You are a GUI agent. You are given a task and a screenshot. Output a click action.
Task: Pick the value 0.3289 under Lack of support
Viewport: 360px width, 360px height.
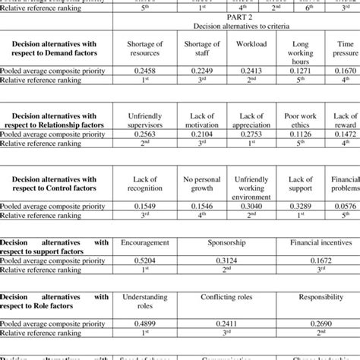(x=301, y=205)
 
